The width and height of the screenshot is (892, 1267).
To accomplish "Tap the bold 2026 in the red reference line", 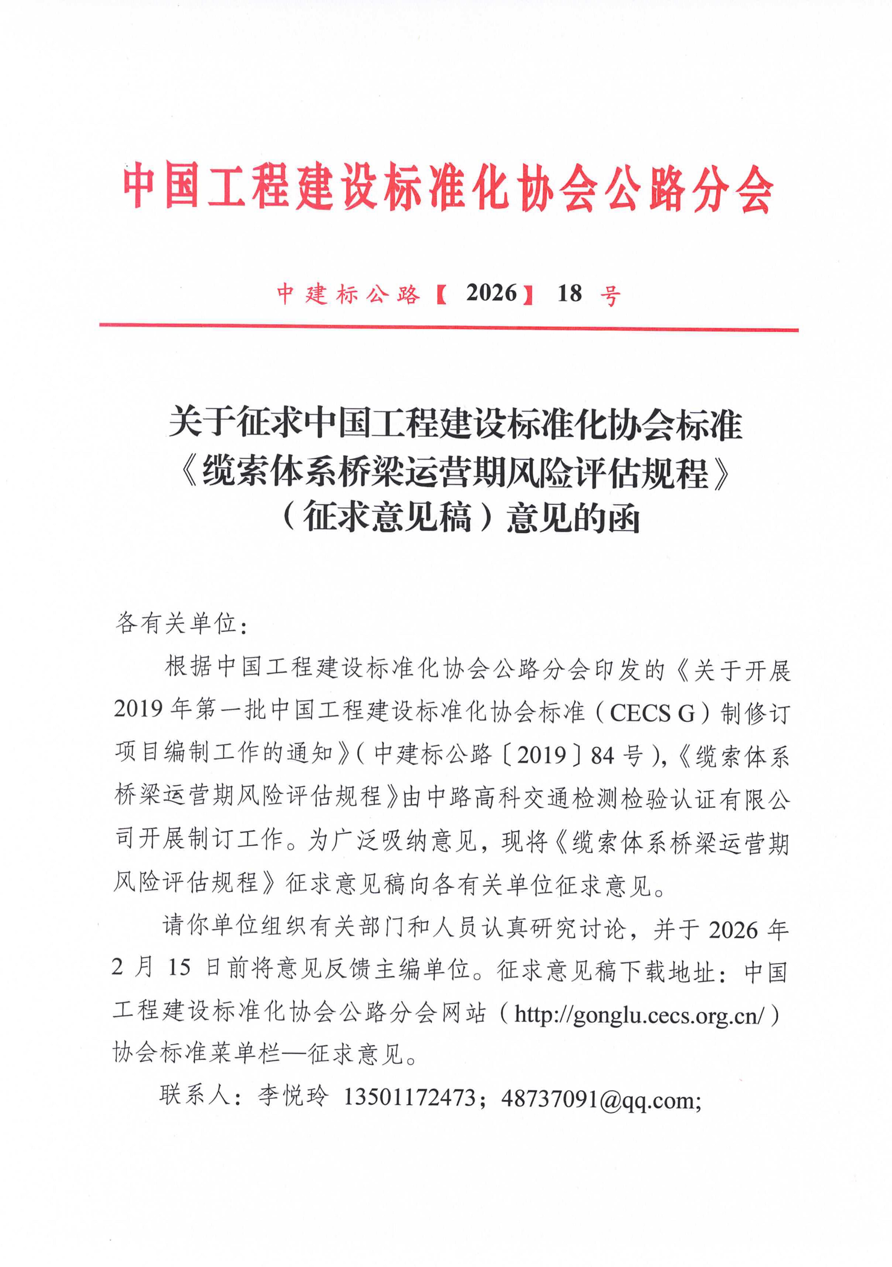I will point(491,293).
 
